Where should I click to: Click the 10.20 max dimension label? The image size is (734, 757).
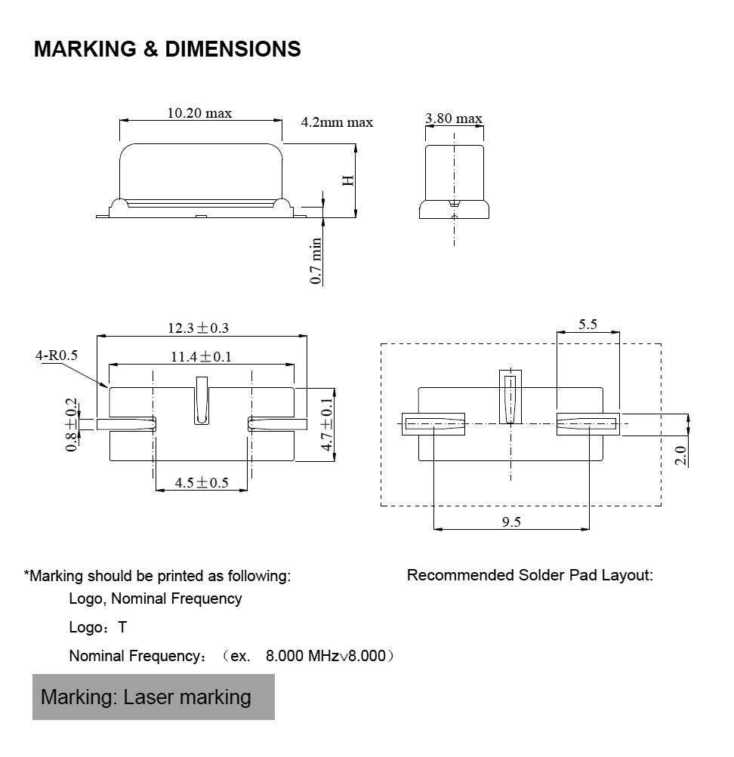(x=199, y=113)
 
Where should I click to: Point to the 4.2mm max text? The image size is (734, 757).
(x=337, y=122)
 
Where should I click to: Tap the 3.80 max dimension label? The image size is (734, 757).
(x=453, y=118)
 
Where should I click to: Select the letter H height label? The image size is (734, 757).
(x=348, y=180)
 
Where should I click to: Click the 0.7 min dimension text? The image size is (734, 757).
(x=316, y=261)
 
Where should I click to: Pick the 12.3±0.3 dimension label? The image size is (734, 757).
(x=198, y=328)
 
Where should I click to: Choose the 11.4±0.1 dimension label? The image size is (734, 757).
(x=200, y=357)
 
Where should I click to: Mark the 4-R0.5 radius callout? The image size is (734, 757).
(x=57, y=354)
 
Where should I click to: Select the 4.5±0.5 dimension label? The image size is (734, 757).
(x=202, y=482)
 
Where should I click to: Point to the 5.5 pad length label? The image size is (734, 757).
(x=588, y=325)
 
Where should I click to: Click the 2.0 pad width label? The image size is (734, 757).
(x=680, y=455)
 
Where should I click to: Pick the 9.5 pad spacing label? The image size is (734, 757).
(x=511, y=522)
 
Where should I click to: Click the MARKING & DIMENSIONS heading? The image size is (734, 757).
(x=168, y=50)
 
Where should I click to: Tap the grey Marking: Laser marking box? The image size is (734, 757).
(x=153, y=696)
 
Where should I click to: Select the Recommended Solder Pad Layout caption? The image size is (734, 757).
(x=529, y=575)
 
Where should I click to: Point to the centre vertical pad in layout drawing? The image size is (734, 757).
(x=510, y=396)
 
